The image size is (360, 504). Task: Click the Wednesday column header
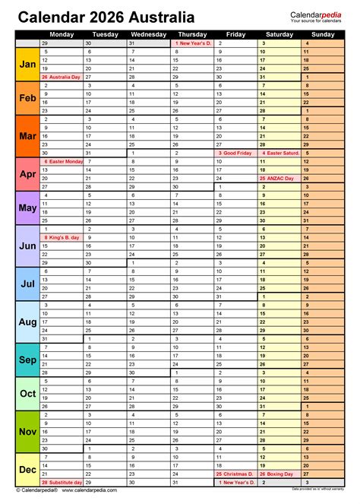pos(149,34)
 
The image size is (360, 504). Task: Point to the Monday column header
pos(62,34)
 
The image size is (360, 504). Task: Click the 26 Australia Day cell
pos(62,77)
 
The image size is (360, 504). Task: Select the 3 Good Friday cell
pos(237,153)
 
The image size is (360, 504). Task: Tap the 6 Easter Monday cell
pos(62,161)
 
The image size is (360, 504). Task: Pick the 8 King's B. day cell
pos(62,237)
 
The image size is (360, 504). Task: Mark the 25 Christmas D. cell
pos(237,474)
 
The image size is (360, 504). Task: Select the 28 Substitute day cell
pos(62,482)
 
